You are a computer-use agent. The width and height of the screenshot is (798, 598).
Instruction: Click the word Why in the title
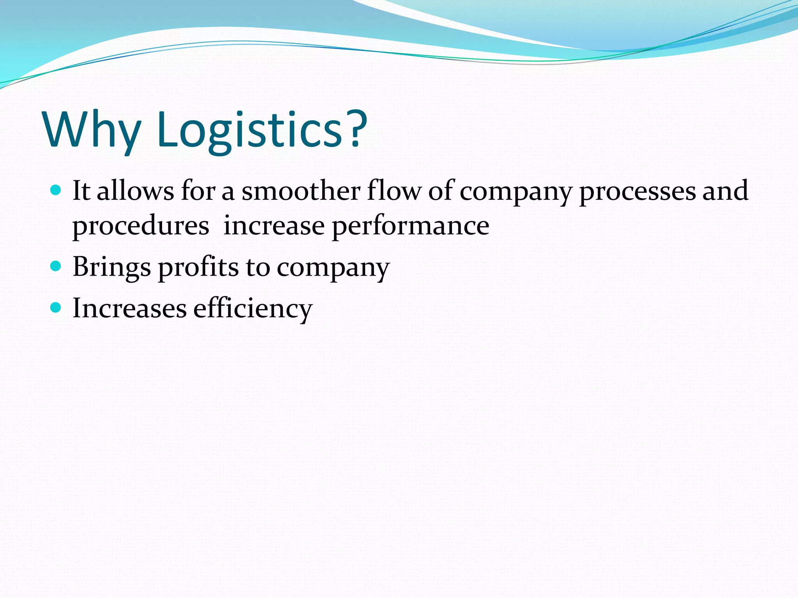pyautogui.click(x=92, y=129)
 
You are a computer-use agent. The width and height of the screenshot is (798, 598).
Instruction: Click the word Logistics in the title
pyautogui.click(x=249, y=129)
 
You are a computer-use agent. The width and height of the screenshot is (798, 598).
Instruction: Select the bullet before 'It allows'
pyautogui.click(x=56, y=190)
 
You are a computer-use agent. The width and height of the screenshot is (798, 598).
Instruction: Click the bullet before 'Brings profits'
pyautogui.click(x=56, y=266)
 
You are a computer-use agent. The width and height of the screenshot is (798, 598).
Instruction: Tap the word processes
pyautogui.click(x=637, y=192)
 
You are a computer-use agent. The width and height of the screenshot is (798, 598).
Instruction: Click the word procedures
pyautogui.click(x=141, y=226)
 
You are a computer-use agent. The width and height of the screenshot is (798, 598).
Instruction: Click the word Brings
pyautogui.click(x=112, y=267)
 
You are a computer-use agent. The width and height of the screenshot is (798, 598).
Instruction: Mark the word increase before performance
pyautogui.click(x=274, y=226)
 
